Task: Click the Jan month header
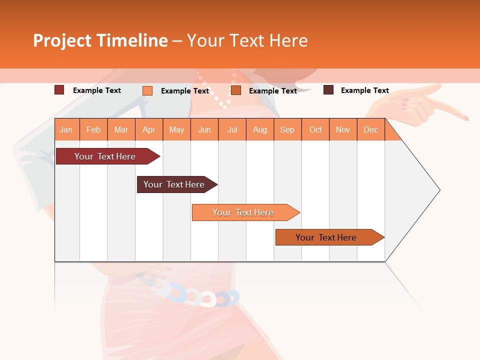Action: tap(66, 129)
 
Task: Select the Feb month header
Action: tap(93, 129)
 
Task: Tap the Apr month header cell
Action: tap(149, 129)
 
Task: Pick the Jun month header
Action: tap(204, 129)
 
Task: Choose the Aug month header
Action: tap(260, 129)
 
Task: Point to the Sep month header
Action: tap(287, 129)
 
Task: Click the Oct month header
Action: tap(315, 129)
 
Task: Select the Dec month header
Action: tap(371, 129)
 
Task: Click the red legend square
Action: tap(59, 90)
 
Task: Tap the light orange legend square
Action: tap(147, 90)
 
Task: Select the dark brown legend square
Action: tap(328, 90)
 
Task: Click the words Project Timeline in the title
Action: tap(100, 40)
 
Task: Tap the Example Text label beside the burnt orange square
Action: tap(273, 91)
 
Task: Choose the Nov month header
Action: tap(343, 129)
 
